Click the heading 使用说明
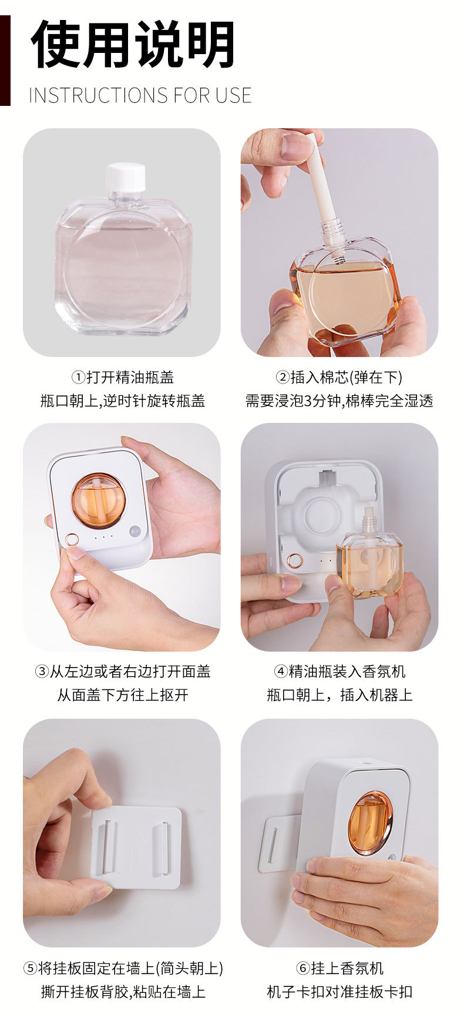(x=133, y=45)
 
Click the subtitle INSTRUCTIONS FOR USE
(x=140, y=95)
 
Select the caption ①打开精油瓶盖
(x=122, y=377)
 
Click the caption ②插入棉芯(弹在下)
(x=339, y=377)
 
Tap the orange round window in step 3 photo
(x=98, y=500)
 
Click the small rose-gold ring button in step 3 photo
(x=72, y=539)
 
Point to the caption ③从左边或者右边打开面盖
(x=122, y=671)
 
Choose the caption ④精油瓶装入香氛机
(x=339, y=671)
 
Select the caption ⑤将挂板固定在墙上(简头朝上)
(x=122, y=968)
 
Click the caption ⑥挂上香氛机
(x=339, y=968)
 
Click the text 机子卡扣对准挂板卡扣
(x=339, y=992)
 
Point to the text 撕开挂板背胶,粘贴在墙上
(x=122, y=992)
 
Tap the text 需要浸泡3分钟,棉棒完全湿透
(x=339, y=401)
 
